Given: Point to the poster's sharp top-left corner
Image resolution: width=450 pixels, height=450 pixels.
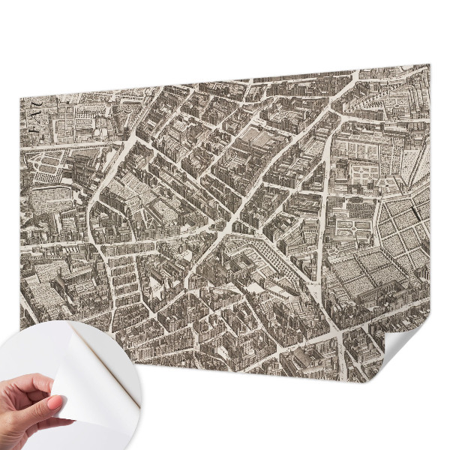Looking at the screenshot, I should coord(20,97).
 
